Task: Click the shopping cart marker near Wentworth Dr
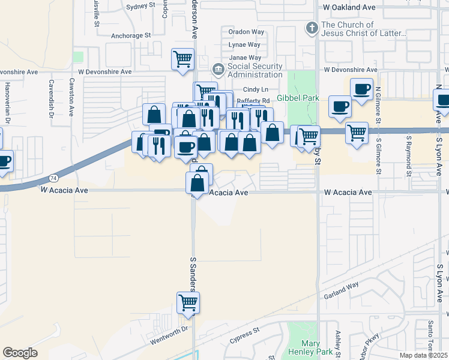[x=188, y=302]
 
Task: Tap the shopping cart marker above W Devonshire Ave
[x=183, y=59]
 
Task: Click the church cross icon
[x=312, y=28]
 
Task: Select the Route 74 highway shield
[x=53, y=179]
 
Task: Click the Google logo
[x=20, y=353]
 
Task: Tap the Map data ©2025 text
[x=423, y=355]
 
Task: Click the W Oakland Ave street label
[x=349, y=7]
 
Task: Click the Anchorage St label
[x=130, y=35]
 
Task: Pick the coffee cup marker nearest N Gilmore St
[x=362, y=90]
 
